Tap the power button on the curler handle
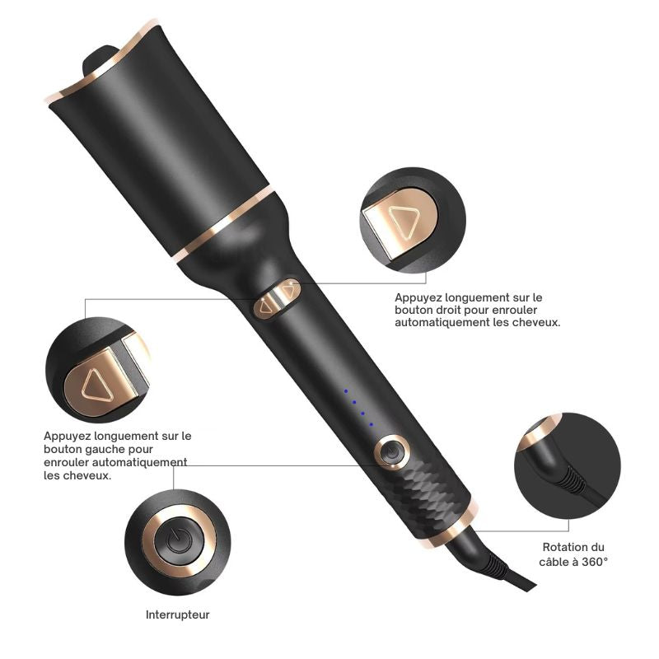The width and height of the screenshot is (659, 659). tap(390, 452)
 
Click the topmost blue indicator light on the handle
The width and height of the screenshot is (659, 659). tap(346, 390)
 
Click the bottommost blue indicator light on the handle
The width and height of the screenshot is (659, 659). tap(372, 424)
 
